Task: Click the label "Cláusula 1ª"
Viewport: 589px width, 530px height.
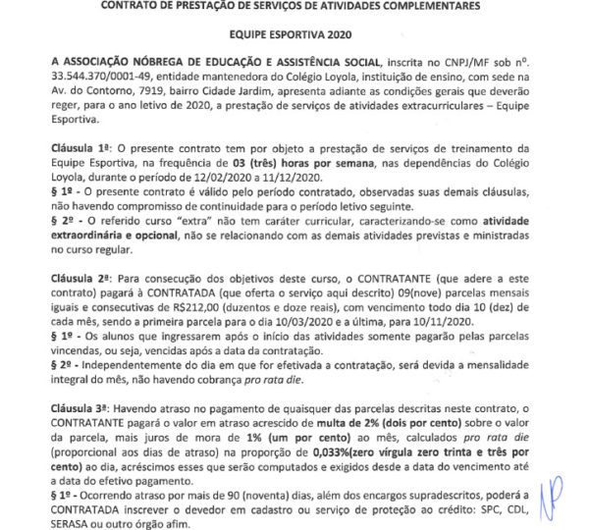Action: [81, 146]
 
